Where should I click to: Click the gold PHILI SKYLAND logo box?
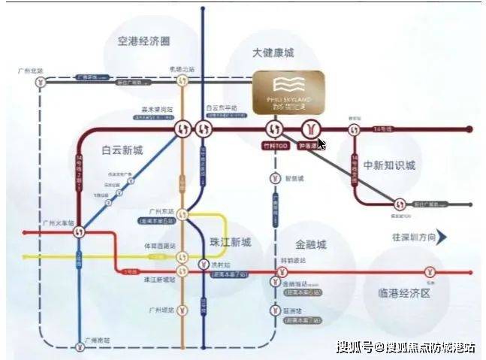[288, 91]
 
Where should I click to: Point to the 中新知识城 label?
[388, 165]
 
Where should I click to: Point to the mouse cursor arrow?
[321, 143]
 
